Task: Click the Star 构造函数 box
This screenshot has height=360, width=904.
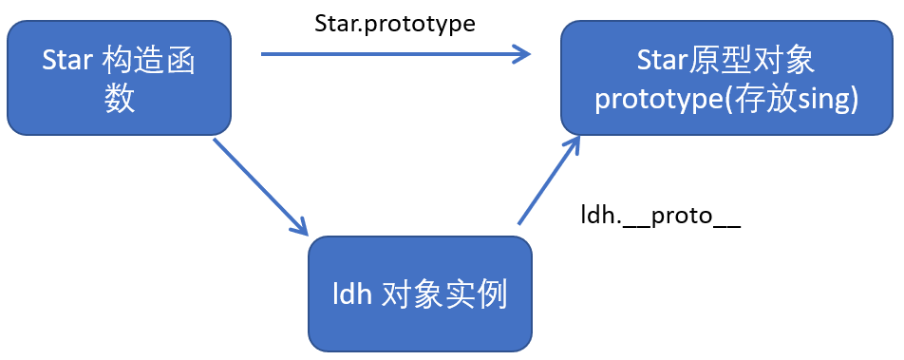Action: click(119, 78)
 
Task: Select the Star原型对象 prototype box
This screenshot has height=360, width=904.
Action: click(726, 78)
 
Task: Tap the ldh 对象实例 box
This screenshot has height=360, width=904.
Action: click(419, 294)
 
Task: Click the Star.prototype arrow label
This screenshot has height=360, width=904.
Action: click(395, 22)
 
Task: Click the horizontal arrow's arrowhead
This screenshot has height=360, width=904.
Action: click(520, 53)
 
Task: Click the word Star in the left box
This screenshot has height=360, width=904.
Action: click(67, 60)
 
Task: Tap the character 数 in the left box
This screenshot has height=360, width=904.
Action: click(120, 98)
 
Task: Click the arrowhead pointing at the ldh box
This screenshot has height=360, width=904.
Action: click(299, 226)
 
